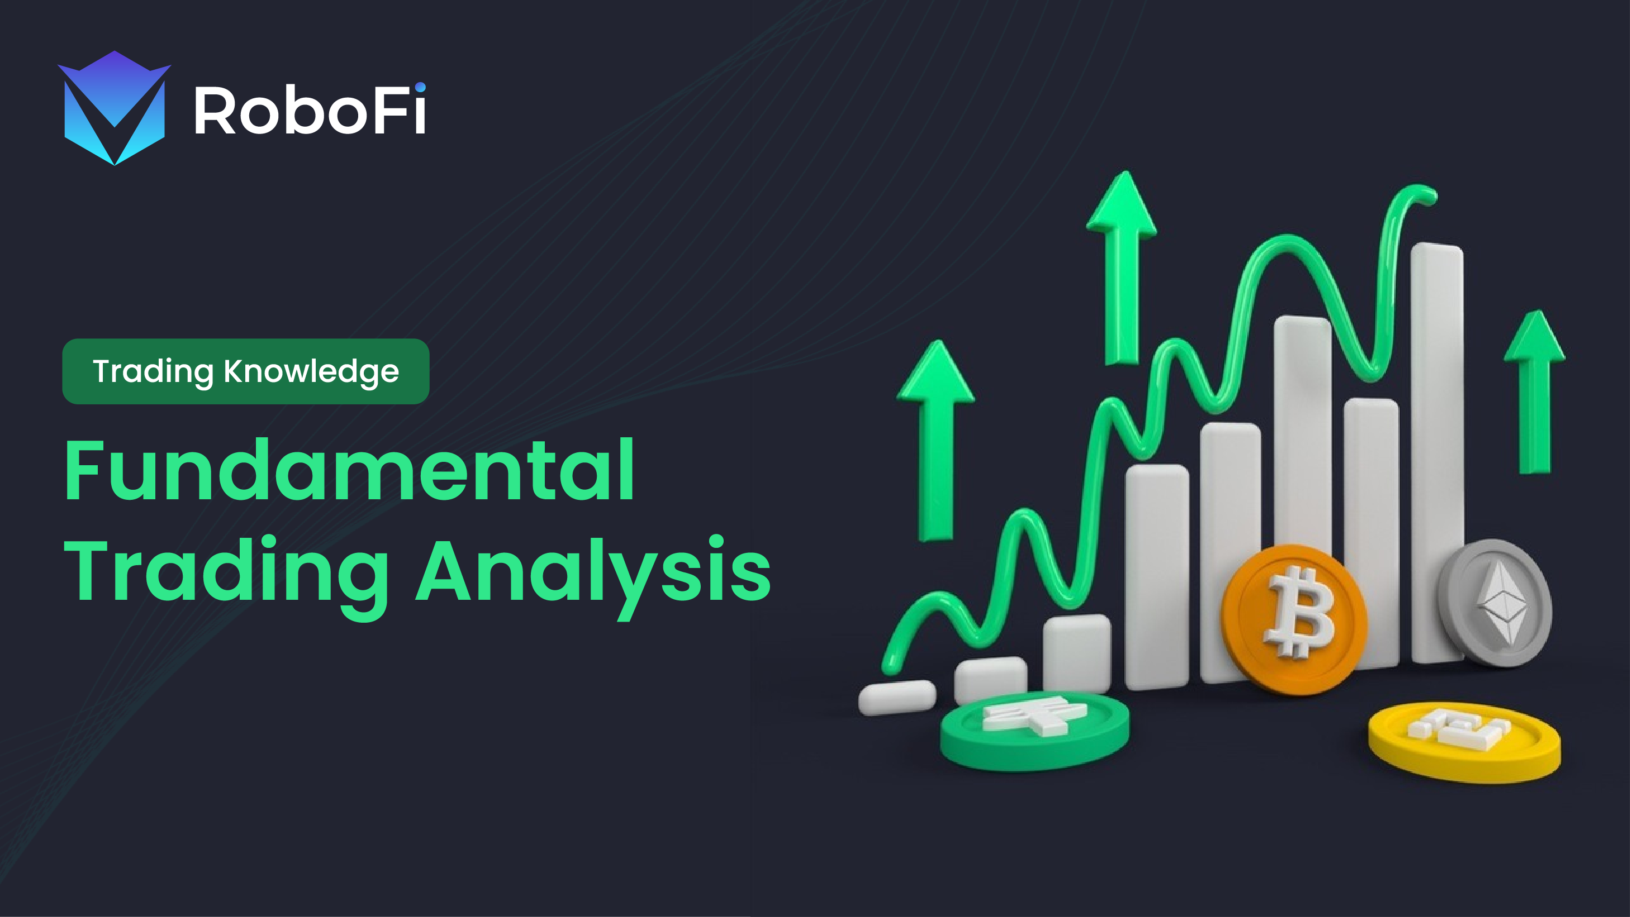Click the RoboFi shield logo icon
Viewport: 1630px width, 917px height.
[115, 108]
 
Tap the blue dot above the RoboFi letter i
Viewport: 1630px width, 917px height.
[420, 87]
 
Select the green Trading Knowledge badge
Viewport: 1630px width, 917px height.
[245, 371]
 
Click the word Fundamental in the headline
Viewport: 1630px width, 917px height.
[349, 470]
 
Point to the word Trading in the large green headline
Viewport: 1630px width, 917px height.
[226, 575]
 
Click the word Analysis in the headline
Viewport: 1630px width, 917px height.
[593, 575]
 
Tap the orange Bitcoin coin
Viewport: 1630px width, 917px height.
[1295, 620]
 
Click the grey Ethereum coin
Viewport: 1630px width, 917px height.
[1495, 602]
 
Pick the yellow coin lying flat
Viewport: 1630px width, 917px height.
[1464, 741]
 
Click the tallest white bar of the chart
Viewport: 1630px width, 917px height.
[1438, 452]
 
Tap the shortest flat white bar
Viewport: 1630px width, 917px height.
[897, 698]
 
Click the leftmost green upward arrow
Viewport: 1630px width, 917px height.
[935, 440]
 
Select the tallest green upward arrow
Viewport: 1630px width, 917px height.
[1121, 268]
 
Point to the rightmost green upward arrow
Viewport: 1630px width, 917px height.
[1534, 391]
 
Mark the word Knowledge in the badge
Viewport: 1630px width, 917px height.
[311, 371]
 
